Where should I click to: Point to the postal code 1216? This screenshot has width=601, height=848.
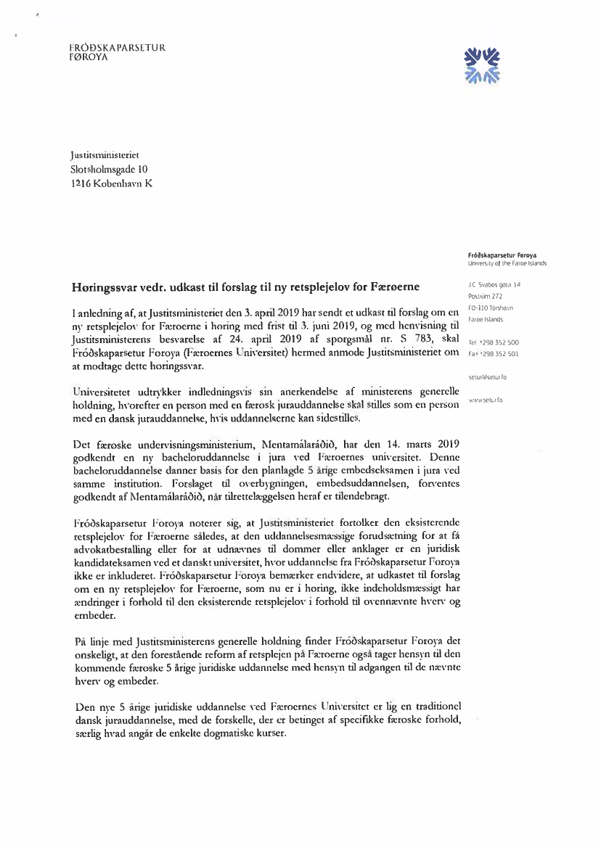(x=82, y=184)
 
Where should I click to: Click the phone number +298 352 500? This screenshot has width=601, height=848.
(x=498, y=342)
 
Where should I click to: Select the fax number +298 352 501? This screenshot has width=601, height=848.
(x=498, y=353)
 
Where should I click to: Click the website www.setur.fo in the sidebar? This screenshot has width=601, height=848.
(x=487, y=400)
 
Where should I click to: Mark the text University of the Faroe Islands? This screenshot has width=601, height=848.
(x=507, y=263)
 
